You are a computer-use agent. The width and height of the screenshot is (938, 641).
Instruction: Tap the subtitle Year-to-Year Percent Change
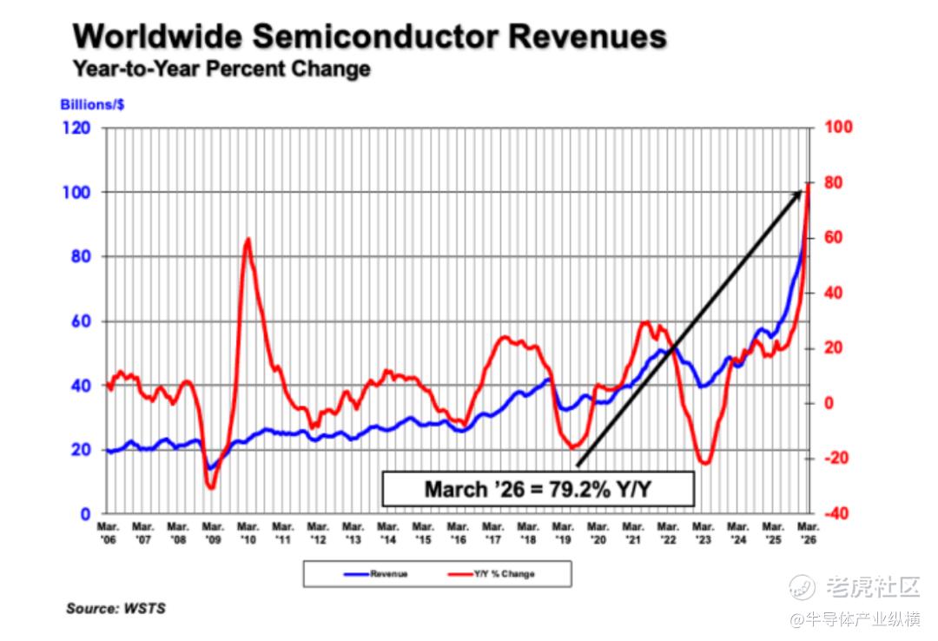tap(221, 69)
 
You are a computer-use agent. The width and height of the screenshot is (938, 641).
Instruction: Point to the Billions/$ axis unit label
tap(92, 105)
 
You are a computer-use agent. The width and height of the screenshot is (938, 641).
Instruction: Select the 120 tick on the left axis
tap(76, 128)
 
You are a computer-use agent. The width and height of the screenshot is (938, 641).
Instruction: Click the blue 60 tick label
tap(81, 321)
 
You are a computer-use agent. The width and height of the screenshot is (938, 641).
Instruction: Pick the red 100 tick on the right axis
tap(838, 127)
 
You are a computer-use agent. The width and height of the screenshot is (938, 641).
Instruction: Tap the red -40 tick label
tap(836, 513)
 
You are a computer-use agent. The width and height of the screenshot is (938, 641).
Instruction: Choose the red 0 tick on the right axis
tap(829, 403)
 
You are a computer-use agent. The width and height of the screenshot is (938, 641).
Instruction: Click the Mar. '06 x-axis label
tap(108, 533)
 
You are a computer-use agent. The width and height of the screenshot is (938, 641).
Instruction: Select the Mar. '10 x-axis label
tap(248, 533)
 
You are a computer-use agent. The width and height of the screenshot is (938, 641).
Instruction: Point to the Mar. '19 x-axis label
tap(563, 533)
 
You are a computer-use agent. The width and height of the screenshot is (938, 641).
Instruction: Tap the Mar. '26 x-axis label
tap(809, 533)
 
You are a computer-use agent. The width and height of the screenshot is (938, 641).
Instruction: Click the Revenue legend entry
tap(376, 574)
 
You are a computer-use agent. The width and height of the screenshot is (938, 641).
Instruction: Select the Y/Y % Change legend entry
tap(491, 574)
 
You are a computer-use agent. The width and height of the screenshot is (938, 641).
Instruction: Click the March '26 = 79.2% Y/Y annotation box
tap(538, 489)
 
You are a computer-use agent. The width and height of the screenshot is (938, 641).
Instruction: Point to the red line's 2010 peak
tap(248, 239)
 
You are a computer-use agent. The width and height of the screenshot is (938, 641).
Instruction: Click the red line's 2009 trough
tap(210, 488)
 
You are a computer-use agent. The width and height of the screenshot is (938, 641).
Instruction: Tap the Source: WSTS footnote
tap(116, 609)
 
